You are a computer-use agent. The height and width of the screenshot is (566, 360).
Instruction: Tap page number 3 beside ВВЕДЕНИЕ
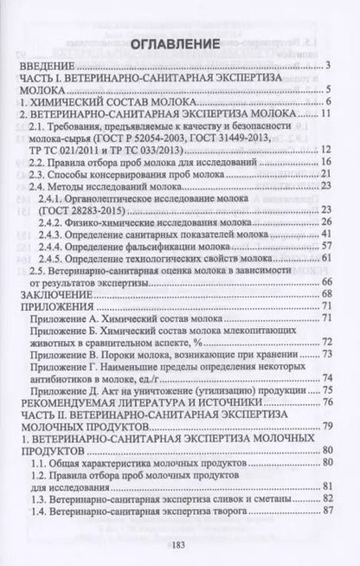pyautogui.click(x=331, y=65)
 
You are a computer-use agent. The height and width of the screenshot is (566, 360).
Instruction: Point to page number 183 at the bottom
pyautogui.click(x=180, y=543)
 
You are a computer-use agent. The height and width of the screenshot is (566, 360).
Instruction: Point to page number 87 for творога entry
pyautogui.click(x=328, y=511)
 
